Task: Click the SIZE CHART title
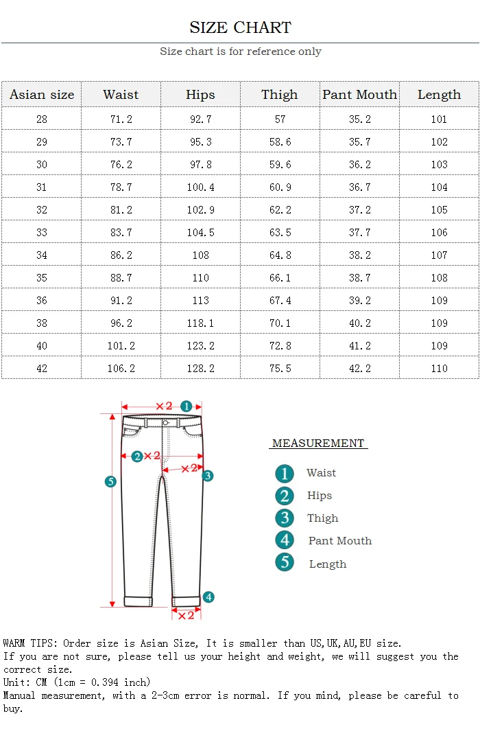240,27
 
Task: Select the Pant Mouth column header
360,95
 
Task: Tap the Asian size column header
42,95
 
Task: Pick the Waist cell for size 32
121,209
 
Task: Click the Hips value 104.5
200,232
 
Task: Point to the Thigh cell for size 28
280,119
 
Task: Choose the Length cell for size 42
439,368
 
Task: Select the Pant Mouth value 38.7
359,277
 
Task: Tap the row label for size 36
42,300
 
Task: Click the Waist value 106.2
121,368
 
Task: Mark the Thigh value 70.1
280,323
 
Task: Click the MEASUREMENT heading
318,443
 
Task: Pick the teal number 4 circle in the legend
285,540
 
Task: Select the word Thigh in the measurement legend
322,518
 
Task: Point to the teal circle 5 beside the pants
110,482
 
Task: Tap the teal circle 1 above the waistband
186,406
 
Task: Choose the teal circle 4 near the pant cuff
208,597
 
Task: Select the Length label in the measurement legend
327,564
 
